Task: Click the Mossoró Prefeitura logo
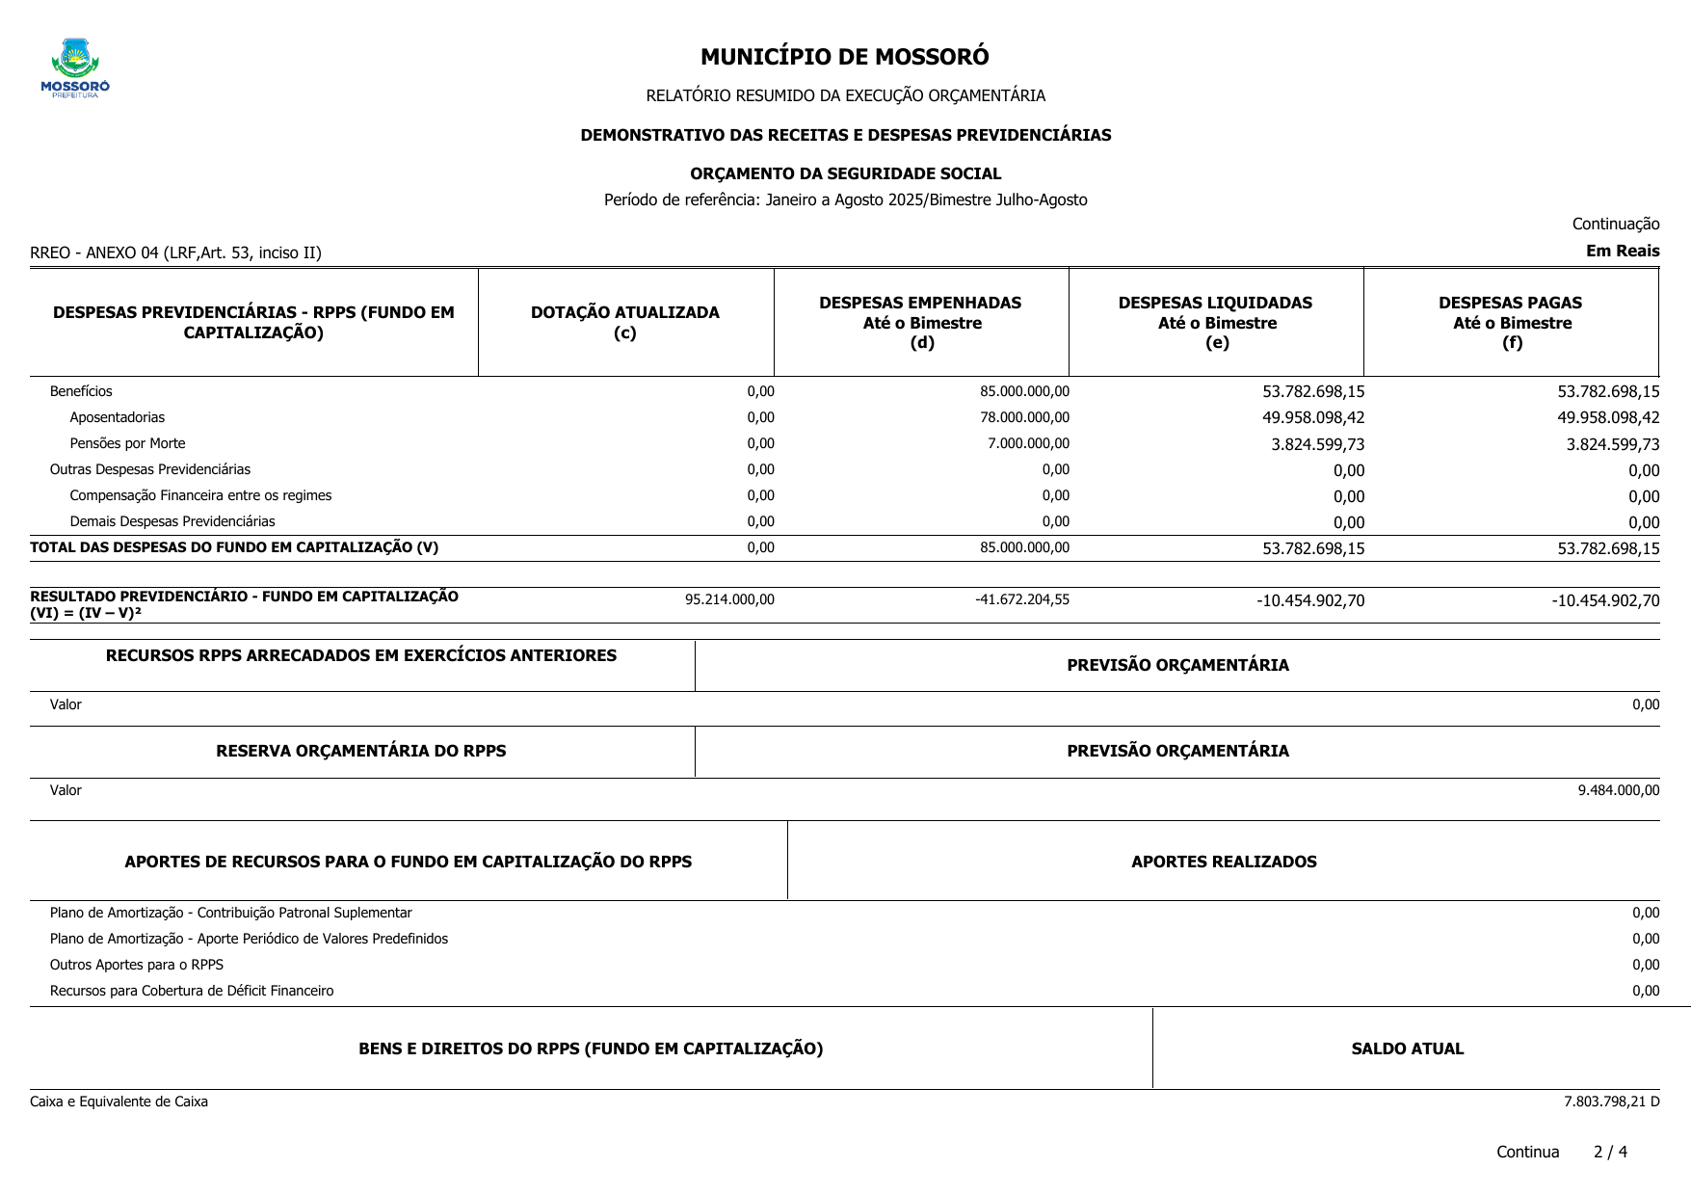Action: pos(75,67)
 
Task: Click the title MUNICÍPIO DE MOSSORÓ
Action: pos(844,57)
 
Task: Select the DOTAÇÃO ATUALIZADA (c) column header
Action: pos(624,322)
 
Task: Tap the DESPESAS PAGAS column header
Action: pos(1511,322)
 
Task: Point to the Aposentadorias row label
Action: pos(117,417)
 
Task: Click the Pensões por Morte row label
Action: pos(127,443)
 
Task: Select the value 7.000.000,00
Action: pos(1028,443)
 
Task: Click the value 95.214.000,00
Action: pos(729,599)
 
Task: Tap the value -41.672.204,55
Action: pos(1022,599)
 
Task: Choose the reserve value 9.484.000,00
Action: pos(1618,790)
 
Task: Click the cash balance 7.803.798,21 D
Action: pos(1611,1102)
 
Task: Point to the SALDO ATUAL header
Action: pos(1407,1049)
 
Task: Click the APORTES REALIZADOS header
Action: pos(1224,862)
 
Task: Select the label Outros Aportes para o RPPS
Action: pos(137,965)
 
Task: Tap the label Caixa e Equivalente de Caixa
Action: pos(119,1102)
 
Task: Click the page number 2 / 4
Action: pos(1610,1152)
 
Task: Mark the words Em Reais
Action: pos(1623,251)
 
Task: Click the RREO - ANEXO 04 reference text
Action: pos(175,252)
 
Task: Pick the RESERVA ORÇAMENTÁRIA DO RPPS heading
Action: pos(360,751)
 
